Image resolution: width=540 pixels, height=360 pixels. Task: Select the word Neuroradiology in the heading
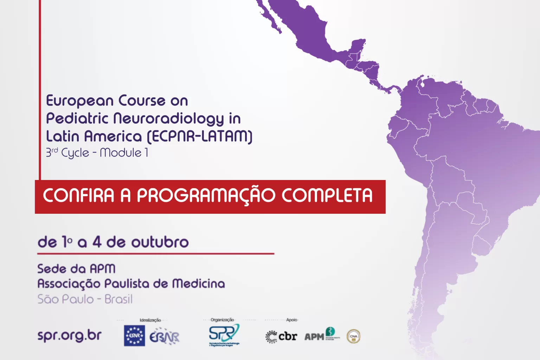(x=169, y=119)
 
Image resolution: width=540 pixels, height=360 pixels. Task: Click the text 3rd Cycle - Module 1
(x=97, y=153)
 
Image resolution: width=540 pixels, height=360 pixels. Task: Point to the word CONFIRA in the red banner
(x=79, y=195)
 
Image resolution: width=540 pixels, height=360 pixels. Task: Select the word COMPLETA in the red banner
(x=327, y=195)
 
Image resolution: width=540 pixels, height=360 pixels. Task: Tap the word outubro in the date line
(x=160, y=242)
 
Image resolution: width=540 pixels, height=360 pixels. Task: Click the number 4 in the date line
(x=97, y=242)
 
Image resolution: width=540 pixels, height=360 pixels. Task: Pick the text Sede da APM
(x=76, y=269)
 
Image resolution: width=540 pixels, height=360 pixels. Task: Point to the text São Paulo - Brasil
(x=85, y=299)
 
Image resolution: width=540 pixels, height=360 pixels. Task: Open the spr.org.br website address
(x=70, y=335)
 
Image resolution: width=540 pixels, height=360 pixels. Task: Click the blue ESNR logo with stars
(x=134, y=336)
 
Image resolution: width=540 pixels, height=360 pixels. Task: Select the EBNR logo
(x=164, y=337)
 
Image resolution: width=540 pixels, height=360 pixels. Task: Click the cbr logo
(x=281, y=336)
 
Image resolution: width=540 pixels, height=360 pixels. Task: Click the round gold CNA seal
(x=353, y=336)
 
